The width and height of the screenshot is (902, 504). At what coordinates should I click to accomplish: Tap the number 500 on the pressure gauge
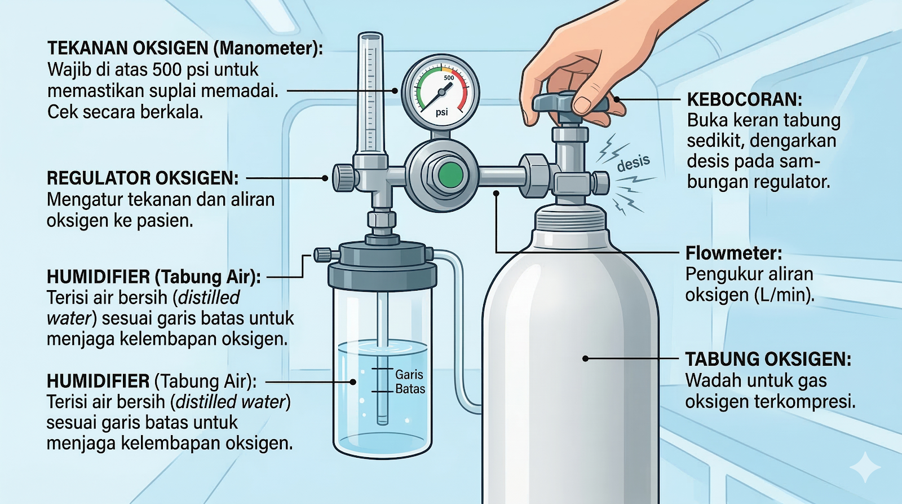[449, 78]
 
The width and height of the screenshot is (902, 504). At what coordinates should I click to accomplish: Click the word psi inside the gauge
[441, 112]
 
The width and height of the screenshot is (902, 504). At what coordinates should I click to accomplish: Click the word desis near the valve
[633, 163]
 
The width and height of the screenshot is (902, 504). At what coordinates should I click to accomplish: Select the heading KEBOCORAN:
[744, 100]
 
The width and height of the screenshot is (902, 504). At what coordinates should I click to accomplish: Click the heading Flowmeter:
[733, 253]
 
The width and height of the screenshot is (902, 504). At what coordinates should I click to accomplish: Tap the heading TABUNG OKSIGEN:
[768, 360]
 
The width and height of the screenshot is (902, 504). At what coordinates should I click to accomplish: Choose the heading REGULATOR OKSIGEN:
[142, 178]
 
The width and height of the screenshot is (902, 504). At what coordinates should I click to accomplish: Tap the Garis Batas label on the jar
[410, 382]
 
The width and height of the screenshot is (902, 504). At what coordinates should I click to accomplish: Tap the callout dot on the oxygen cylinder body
[585, 358]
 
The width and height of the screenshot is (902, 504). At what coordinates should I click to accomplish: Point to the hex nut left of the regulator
[343, 177]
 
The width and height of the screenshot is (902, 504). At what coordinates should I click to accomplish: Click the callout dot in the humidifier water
[353, 382]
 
